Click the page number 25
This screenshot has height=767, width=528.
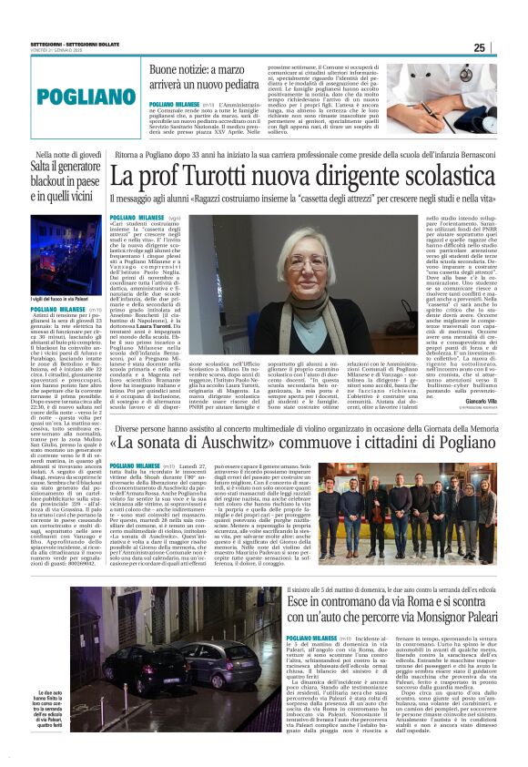(505, 47)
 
